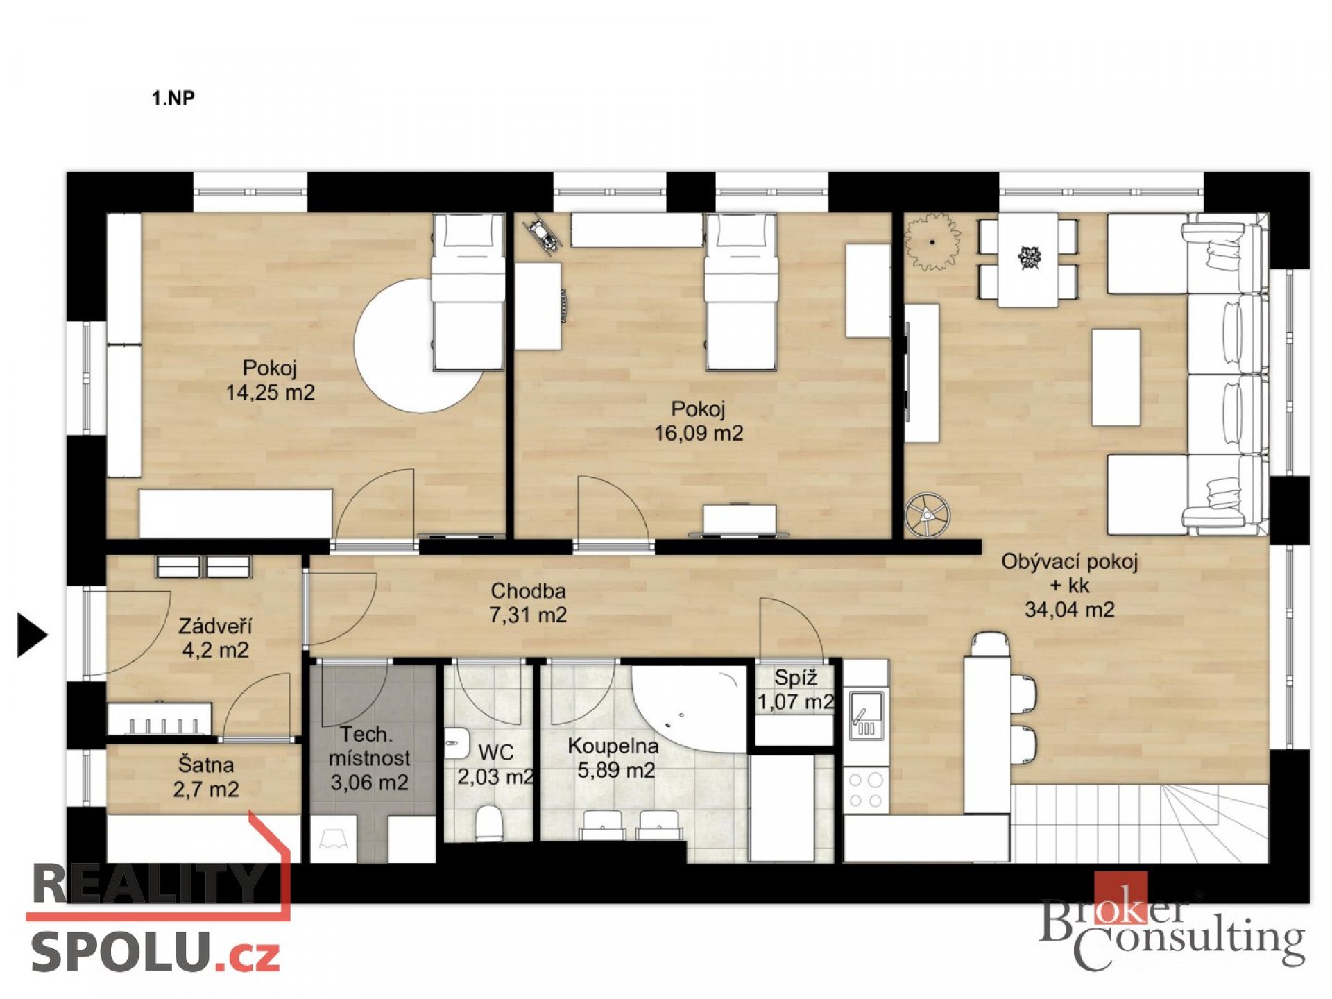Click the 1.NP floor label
pos(173,99)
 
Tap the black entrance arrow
pos(32,635)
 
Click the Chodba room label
pos(529,591)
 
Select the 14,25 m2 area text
pos(270,393)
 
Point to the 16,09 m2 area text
pos(699,434)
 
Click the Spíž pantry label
pos(796,678)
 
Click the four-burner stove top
pos(866,790)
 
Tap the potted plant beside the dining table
pos(932,241)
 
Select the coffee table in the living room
pos(1116,377)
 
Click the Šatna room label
pos(206,765)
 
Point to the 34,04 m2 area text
pos(1070,610)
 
